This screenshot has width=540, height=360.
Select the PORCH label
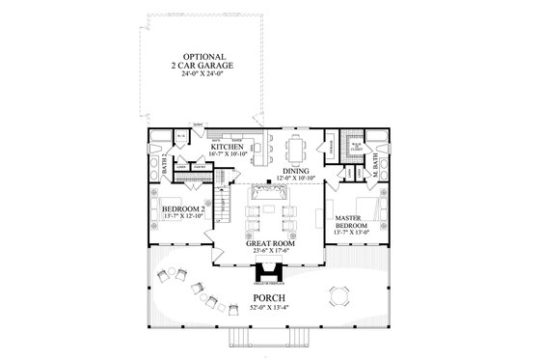269,297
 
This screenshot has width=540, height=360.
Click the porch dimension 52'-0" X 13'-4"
269,307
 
